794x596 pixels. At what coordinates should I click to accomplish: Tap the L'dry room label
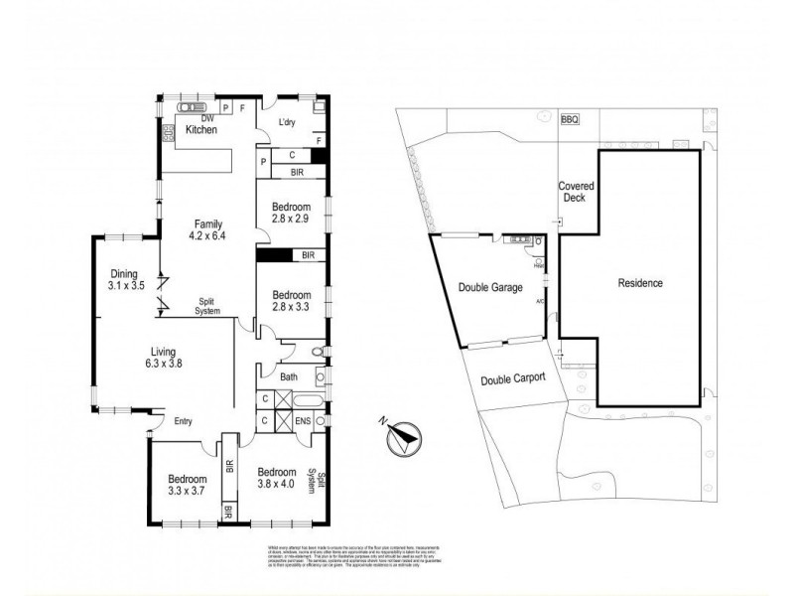click(x=287, y=122)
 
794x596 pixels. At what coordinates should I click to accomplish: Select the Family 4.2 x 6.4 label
click(x=207, y=229)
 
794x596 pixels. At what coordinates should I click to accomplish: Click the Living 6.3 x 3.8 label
click(x=166, y=356)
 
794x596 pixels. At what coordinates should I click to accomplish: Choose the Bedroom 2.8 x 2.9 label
click(x=291, y=214)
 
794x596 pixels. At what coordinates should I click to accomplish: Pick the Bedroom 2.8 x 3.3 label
click(x=291, y=301)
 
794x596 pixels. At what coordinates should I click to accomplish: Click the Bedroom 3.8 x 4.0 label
click(x=277, y=478)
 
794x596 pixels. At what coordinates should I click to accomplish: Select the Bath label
click(x=290, y=376)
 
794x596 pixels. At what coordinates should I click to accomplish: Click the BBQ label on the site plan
click(x=569, y=119)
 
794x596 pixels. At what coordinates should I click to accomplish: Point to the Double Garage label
click(x=490, y=289)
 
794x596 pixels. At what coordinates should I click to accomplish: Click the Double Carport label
click(x=514, y=379)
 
